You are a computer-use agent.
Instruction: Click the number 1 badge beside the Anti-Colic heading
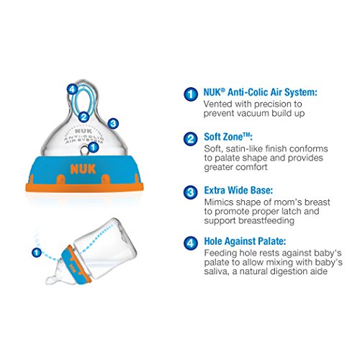point(191,94)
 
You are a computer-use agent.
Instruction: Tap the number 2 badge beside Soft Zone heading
point(191,139)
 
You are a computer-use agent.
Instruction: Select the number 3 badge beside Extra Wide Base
point(191,192)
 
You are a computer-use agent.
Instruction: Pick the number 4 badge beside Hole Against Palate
point(191,243)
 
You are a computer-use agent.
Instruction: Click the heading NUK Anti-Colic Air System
point(261,92)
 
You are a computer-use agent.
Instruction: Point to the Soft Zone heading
point(228,137)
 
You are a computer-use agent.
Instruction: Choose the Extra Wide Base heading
point(238,190)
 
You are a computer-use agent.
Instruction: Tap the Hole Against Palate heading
point(245,241)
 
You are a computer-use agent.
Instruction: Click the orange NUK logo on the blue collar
point(83,169)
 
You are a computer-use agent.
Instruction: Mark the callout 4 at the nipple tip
point(72,89)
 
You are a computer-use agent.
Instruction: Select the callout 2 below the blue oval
point(84,117)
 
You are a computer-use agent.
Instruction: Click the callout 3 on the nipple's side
point(113,124)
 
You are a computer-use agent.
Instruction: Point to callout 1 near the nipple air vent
point(93,147)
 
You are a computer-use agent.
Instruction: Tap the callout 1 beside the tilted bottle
point(37,253)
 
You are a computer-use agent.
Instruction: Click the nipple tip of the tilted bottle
point(50,280)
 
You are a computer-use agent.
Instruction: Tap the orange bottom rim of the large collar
point(84,187)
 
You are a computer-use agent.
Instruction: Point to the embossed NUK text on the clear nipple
point(84,131)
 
